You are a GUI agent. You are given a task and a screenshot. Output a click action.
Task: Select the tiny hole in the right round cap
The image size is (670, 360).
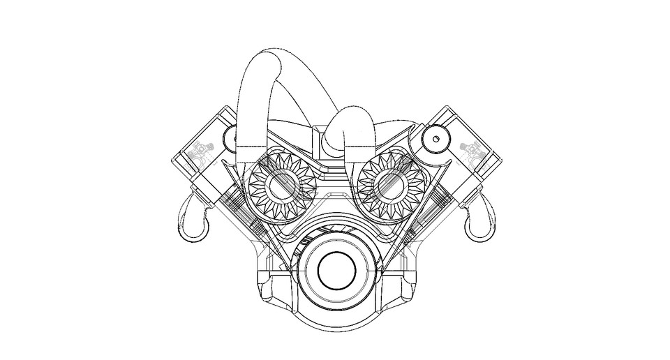coord(436,140)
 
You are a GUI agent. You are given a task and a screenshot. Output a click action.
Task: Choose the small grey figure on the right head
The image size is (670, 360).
coord(472,150)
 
